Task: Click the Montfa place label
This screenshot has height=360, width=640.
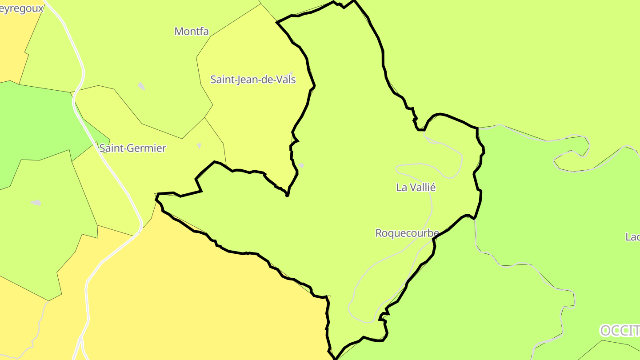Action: [191, 31]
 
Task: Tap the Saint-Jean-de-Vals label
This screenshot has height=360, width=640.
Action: [253, 80]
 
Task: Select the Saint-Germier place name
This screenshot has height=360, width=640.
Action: [132, 148]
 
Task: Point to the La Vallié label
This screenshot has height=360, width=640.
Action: [416, 188]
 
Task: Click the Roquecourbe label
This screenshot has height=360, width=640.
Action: [407, 233]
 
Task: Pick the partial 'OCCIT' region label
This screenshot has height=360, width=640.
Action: [620, 331]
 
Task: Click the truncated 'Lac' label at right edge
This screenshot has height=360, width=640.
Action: [632, 237]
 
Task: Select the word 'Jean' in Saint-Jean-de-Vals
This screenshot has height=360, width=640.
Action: [244, 80]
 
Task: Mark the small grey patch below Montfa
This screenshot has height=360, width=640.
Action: [141, 86]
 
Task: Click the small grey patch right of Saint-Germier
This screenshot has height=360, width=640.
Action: [199, 146]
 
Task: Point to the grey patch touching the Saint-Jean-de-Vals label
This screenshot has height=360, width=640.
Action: [291, 73]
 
